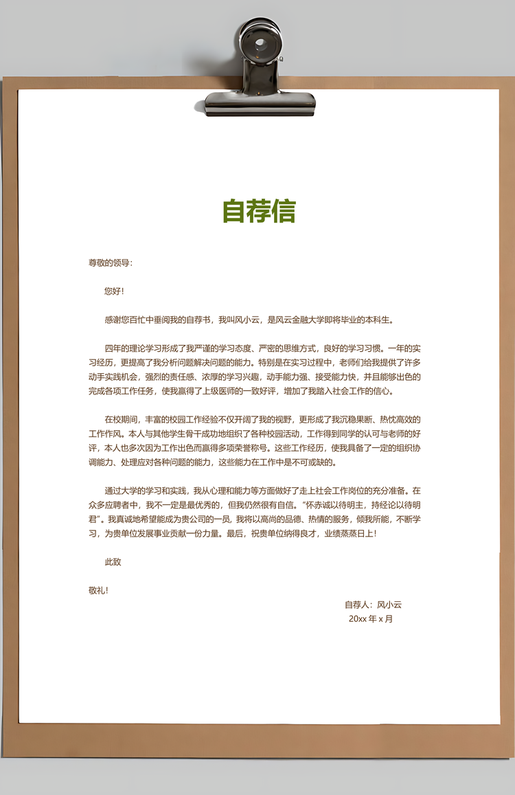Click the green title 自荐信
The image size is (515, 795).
(x=259, y=211)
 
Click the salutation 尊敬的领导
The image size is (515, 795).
(x=109, y=262)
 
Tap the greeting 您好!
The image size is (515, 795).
(x=114, y=291)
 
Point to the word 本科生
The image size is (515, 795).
(x=378, y=320)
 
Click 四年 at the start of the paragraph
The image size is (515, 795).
(x=113, y=348)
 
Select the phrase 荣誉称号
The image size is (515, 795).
(x=263, y=448)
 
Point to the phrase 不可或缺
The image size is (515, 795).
(x=314, y=462)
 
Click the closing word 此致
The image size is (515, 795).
(x=113, y=562)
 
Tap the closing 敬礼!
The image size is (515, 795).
(x=98, y=590)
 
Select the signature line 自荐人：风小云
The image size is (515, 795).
(x=373, y=605)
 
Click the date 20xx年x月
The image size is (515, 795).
(x=371, y=618)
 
